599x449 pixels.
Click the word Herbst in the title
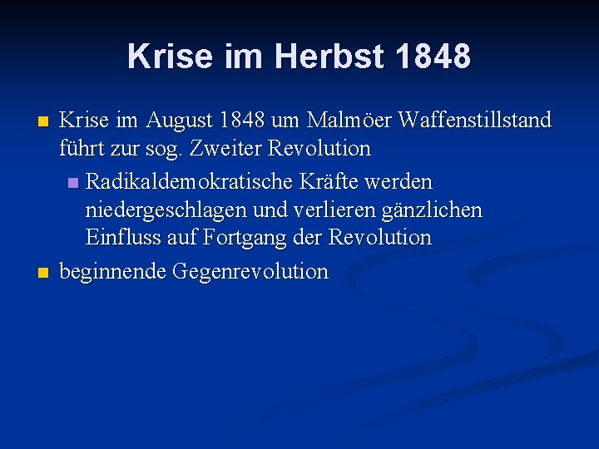point(329,57)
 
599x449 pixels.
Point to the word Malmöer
point(349,121)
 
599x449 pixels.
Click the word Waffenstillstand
point(475,121)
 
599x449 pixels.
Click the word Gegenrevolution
point(250,272)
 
